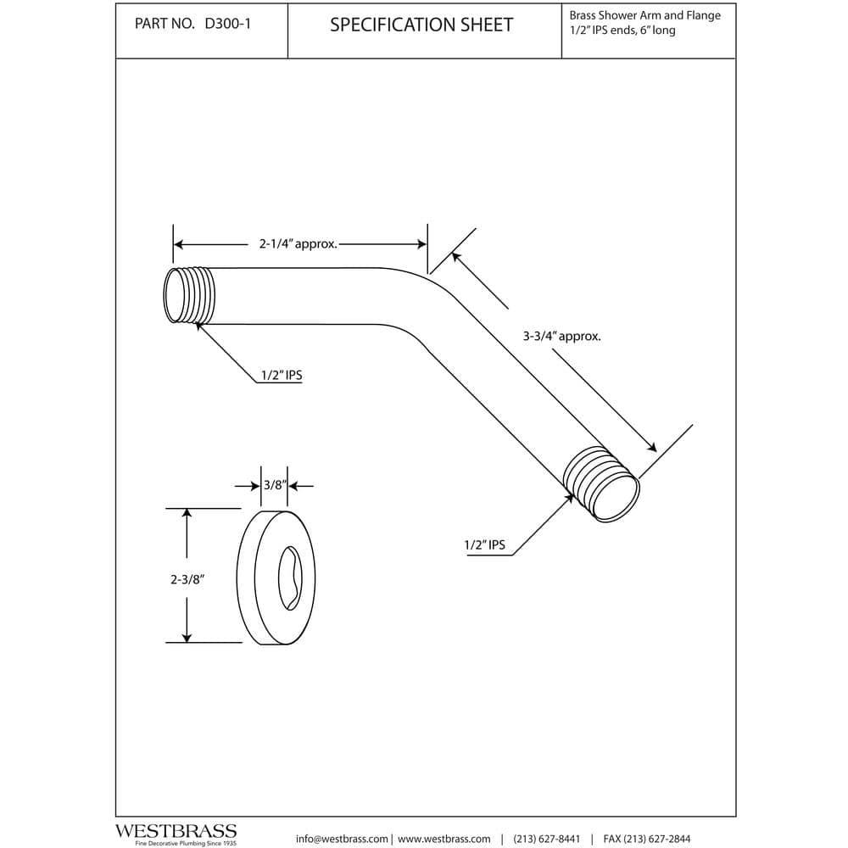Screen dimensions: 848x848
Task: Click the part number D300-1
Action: (226, 25)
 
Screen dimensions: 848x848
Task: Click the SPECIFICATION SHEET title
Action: (421, 25)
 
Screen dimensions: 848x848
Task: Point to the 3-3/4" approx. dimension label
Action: (561, 336)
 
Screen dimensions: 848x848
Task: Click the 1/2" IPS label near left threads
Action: (281, 375)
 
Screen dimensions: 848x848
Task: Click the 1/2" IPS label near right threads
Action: (484, 545)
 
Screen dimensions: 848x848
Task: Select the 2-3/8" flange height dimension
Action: (189, 579)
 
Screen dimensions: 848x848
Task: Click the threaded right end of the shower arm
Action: (604, 484)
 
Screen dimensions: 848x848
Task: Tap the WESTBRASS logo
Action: (176, 832)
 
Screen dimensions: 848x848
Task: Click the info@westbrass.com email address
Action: (343, 839)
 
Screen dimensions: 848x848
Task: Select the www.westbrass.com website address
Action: (445, 839)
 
